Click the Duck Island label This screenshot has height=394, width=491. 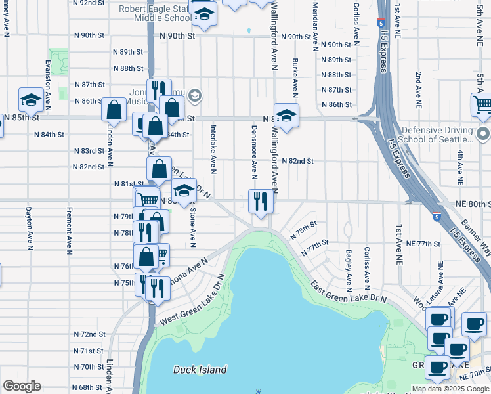pyautogui.click(x=200, y=370)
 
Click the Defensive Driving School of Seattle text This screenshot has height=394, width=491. pyautogui.click(x=437, y=135)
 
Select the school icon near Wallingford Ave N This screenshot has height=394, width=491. pyautogui.click(x=286, y=116)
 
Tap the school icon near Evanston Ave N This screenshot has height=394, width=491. pyautogui.click(x=31, y=100)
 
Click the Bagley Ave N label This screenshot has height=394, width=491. pyautogui.click(x=348, y=269)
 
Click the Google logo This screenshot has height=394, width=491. pyautogui.click(x=22, y=386)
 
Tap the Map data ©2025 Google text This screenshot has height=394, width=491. pyautogui.click(x=450, y=389)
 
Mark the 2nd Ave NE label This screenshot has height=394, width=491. pyautogui.click(x=417, y=90)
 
